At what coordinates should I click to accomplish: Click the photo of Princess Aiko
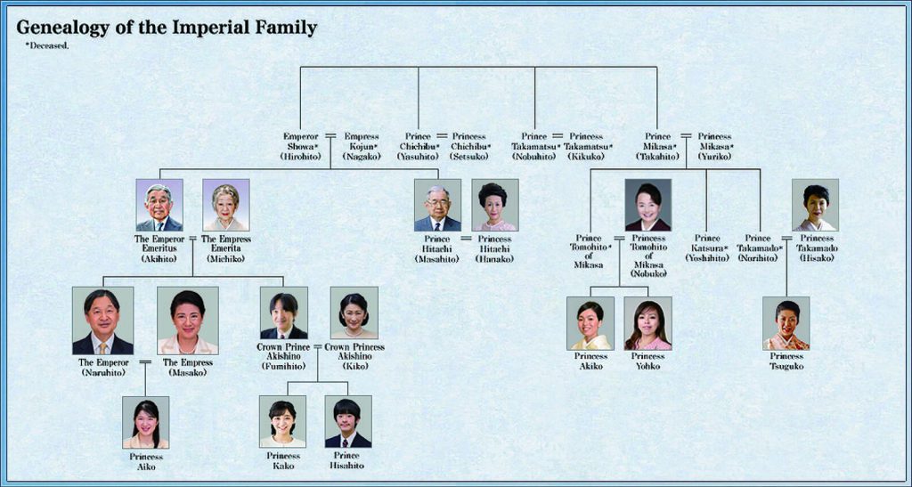[145, 423]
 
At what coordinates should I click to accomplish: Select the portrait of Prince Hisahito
[348, 422]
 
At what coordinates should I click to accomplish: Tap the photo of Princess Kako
[282, 422]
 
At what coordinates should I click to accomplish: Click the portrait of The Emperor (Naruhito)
[103, 321]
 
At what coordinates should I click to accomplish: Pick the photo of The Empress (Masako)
[188, 321]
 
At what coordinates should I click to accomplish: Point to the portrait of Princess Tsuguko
[786, 324]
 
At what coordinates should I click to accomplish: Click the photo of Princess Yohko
[648, 324]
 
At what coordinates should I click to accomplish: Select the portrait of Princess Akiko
[590, 324]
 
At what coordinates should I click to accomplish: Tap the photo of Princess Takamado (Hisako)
[816, 205]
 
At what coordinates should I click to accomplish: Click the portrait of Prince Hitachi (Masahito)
[437, 205]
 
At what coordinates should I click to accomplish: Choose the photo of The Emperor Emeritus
[159, 205]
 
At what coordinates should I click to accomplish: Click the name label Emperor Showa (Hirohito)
[301, 146]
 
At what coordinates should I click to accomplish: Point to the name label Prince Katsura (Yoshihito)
[706, 248]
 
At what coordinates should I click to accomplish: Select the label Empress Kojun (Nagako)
[362, 146]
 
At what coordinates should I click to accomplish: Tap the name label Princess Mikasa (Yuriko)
[715, 146]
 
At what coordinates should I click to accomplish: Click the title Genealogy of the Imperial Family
[167, 28]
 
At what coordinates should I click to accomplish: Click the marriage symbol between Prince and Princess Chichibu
[442, 136]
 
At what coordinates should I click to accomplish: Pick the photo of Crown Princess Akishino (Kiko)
[354, 312]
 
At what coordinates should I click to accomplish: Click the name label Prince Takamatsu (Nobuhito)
[534, 146]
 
